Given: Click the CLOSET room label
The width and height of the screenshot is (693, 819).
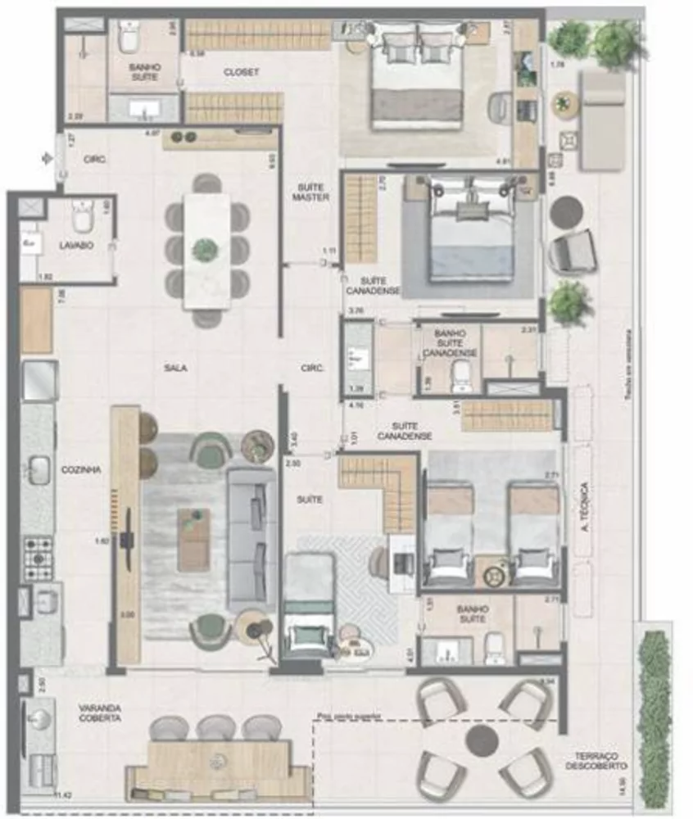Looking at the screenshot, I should [241, 72].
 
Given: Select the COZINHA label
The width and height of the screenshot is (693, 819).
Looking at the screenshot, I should [81, 470].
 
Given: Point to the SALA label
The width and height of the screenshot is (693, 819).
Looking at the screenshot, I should [174, 368].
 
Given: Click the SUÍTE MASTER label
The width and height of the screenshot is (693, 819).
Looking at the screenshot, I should [311, 192].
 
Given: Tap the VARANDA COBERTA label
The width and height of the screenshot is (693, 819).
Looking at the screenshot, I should [100, 713].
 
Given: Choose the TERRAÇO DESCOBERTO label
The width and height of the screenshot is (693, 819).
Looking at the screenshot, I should [596, 761].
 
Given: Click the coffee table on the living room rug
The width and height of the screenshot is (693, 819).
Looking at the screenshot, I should [193, 539].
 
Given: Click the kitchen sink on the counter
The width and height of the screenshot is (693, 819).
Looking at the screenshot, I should [38, 470].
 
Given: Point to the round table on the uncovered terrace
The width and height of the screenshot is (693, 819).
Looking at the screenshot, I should [482, 741].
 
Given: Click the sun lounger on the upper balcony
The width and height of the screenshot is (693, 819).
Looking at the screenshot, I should [602, 119].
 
